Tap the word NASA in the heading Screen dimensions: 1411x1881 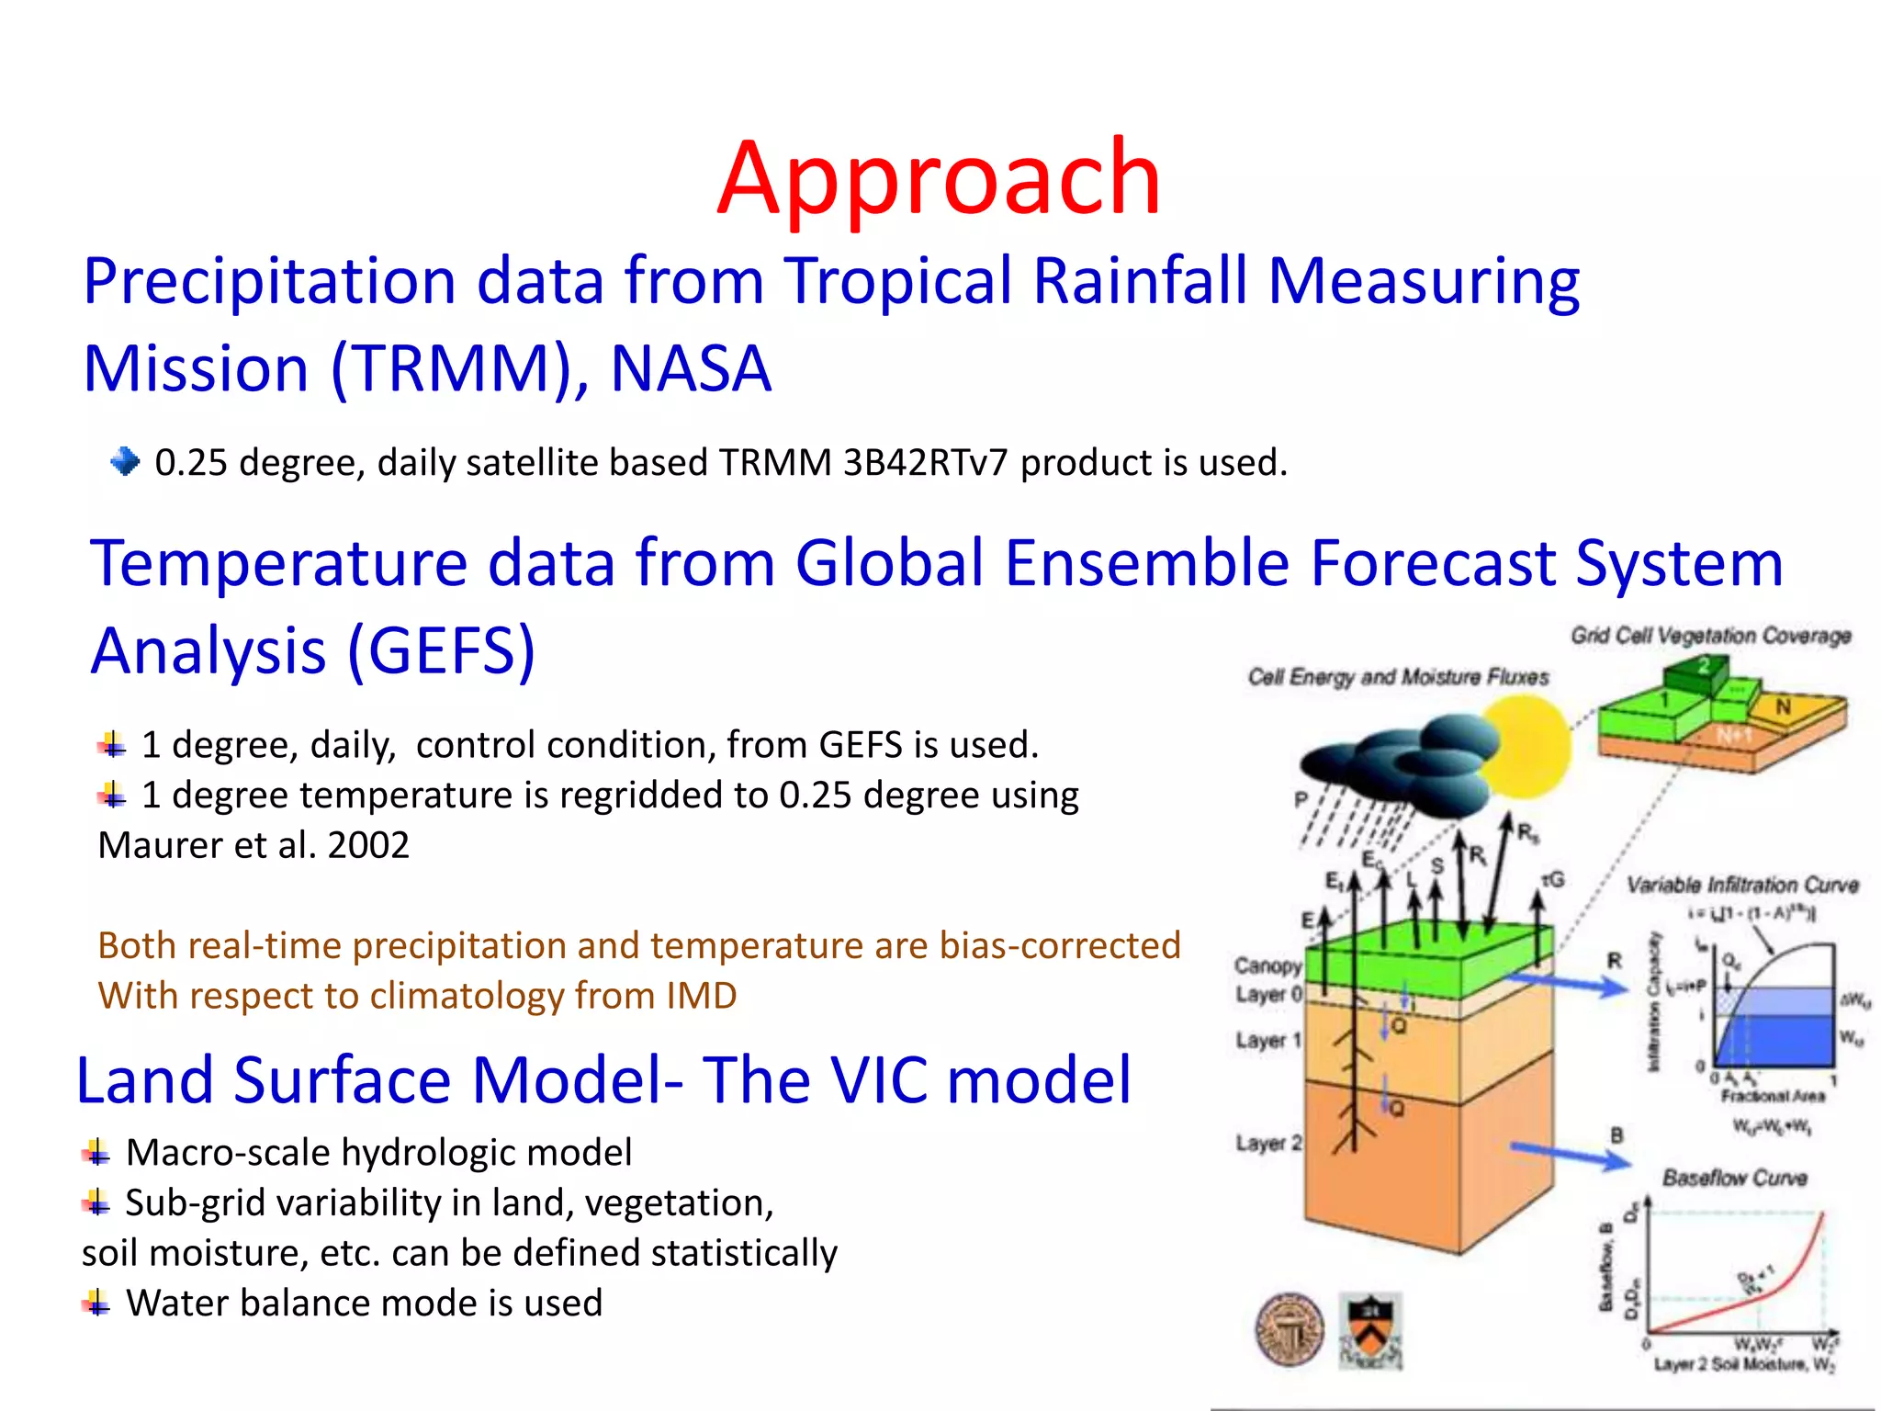point(691,369)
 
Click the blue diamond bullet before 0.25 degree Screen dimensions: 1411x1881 point(124,460)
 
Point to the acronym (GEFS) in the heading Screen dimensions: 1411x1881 point(441,650)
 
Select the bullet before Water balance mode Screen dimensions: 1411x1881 point(96,1303)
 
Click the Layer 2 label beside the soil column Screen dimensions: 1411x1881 point(1267,1143)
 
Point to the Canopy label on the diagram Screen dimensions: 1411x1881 point(1267,965)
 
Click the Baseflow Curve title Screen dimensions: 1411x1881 point(1734,1178)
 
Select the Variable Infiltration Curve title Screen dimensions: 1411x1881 point(1742,885)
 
